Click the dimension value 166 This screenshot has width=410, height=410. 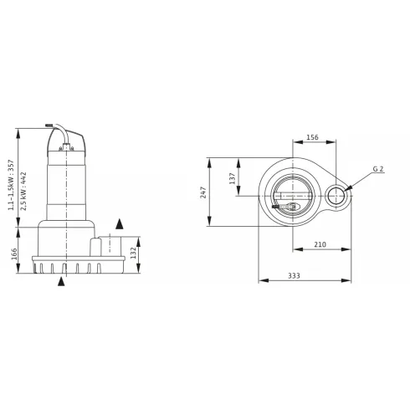15,254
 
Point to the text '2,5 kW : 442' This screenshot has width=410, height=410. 23,191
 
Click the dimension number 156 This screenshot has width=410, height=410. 312,138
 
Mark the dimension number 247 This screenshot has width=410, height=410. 203,192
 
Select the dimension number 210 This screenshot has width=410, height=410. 320,244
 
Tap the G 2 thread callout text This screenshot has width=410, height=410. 377,169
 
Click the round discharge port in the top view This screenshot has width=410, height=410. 336,197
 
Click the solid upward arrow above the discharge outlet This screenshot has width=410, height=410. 119,223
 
